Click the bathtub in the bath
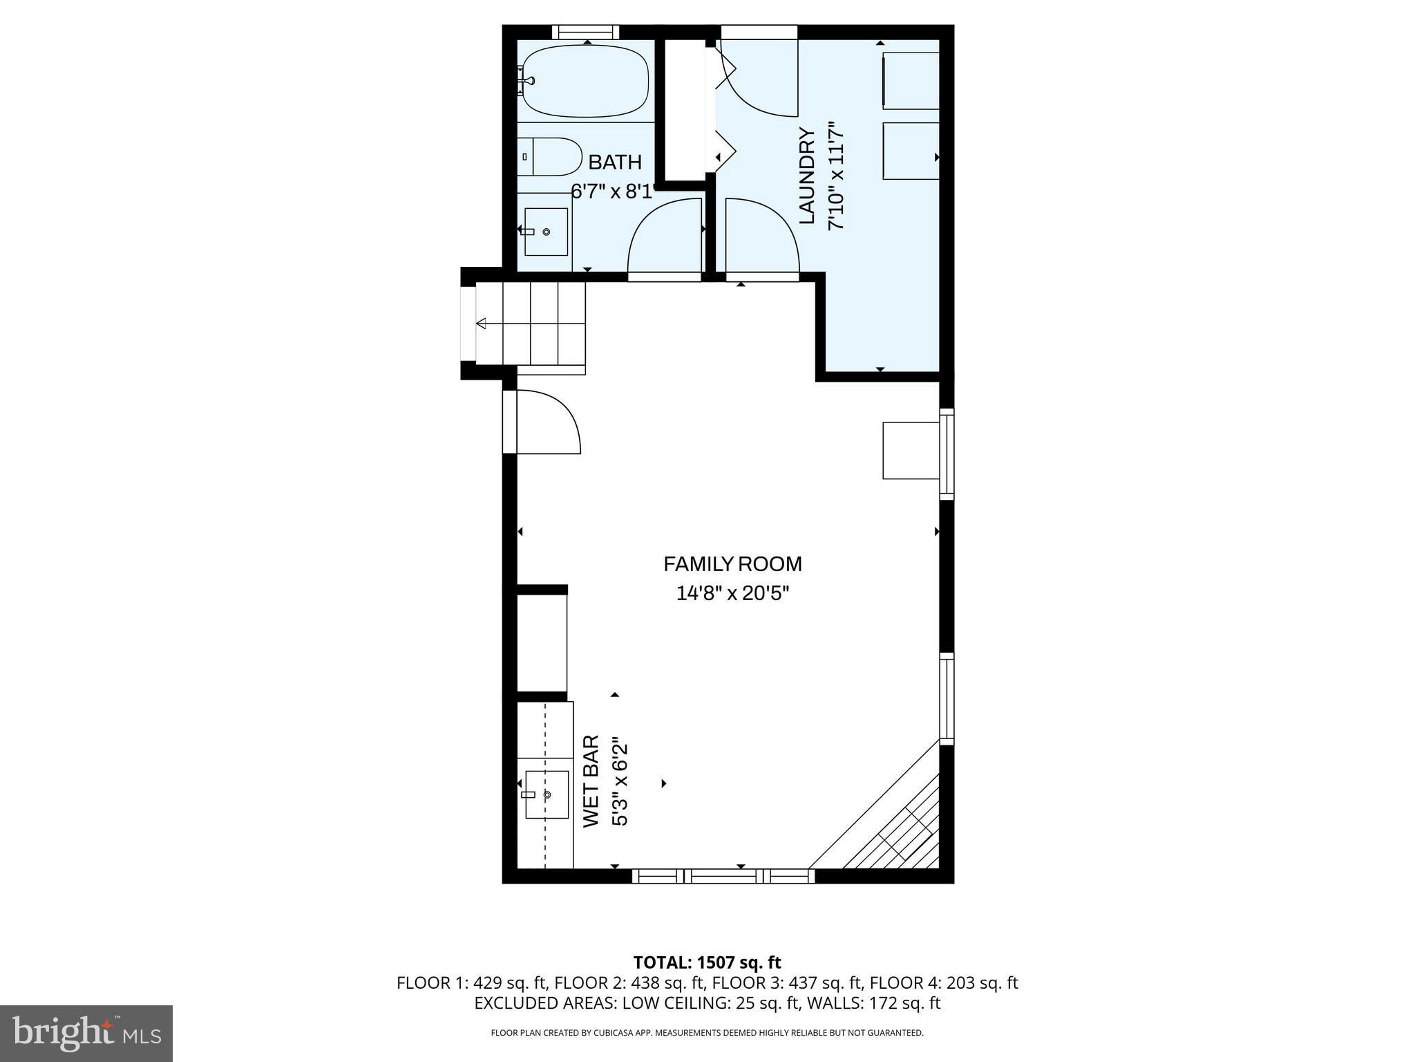click(x=585, y=82)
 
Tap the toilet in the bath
click(x=550, y=157)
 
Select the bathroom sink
click(x=546, y=232)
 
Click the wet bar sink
click(x=546, y=794)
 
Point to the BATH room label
click(x=615, y=162)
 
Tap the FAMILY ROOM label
click(x=732, y=564)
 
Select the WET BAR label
click(x=591, y=781)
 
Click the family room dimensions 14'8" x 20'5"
click(x=732, y=593)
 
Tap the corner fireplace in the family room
click(x=891, y=823)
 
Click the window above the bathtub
click(x=586, y=32)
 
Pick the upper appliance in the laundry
click(x=911, y=80)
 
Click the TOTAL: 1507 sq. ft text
click(x=707, y=962)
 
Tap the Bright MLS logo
click(x=86, y=1034)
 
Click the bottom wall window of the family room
click(x=723, y=876)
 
